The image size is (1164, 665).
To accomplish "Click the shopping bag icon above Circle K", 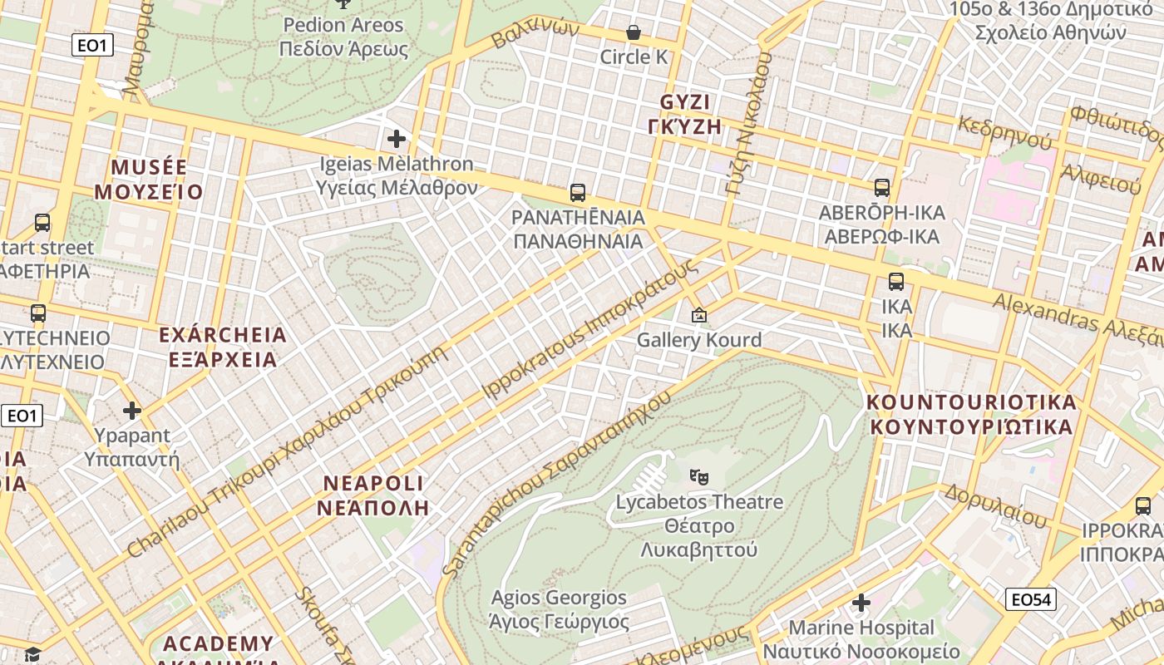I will click(633, 32).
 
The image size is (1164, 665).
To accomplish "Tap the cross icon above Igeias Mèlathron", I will click(397, 139).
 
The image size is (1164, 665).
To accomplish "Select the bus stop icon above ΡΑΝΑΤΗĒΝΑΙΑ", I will click(578, 193).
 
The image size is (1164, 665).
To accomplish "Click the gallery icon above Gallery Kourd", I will click(699, 315).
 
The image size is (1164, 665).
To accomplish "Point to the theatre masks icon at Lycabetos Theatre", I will click(699, 477).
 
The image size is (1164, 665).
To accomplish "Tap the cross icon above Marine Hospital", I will click(861, 602).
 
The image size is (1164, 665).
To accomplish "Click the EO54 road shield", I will click(1030, 599).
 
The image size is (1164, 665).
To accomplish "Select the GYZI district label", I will click(686, 102).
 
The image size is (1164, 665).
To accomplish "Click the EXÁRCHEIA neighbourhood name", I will click(222, 335).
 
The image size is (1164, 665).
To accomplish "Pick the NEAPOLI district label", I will click(373, 483).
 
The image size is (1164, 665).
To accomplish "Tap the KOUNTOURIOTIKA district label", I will click(971, 402).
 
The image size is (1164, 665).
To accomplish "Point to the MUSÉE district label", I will click(149, 167).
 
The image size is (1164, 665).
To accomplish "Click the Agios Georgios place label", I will click(559, 598).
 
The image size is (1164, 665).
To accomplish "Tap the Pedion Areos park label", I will click(343, 25).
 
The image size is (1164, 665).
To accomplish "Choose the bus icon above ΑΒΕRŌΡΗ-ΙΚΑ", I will click(882, 188).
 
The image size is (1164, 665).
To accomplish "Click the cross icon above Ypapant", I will click(131, 411).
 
